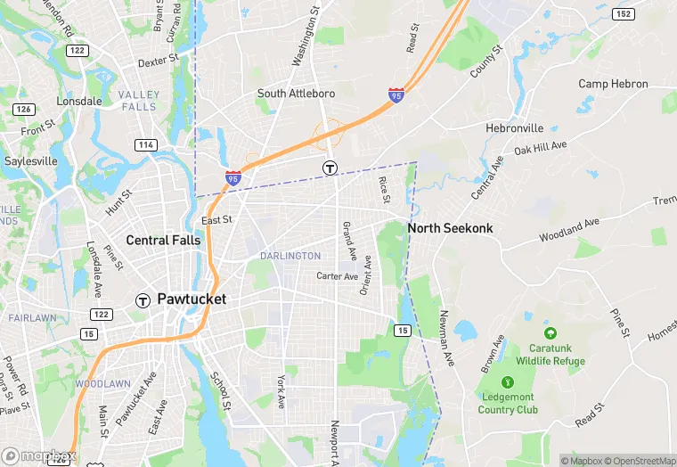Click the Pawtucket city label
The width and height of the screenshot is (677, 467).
[192, 299]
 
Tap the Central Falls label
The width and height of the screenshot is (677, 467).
[167, 240]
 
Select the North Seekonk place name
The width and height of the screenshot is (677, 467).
[450, 228]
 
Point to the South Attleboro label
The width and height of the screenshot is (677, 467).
[295, 94]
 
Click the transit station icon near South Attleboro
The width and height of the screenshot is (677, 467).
[330, 168]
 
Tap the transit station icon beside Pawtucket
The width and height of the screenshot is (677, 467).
[142, 300]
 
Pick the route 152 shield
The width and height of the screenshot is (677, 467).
[624, 13]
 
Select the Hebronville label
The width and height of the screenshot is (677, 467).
[514, 128]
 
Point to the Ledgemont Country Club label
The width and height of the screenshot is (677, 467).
[508, 403]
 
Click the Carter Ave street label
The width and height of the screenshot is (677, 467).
[337, 276]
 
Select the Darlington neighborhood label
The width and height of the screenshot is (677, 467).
[290, 256]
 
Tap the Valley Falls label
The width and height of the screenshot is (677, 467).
[139, 101]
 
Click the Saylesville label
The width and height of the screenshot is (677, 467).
[31, 161]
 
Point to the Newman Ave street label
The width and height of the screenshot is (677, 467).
[446, 338]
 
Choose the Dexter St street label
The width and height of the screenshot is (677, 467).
[159, 63]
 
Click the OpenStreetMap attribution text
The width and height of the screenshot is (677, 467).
[640, 461]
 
